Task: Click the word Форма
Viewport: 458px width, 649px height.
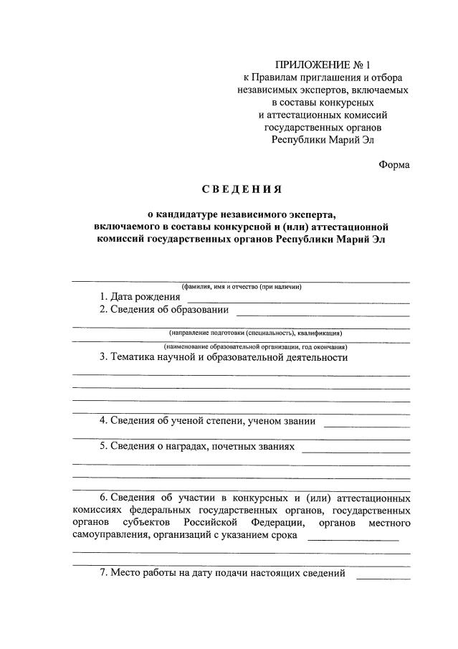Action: coord(394,164)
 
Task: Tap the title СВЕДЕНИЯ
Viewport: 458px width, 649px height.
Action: coord(242,190)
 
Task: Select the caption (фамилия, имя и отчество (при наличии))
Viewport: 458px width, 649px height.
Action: coord(242,287)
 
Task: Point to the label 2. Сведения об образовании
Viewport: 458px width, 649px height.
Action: coord(164,310)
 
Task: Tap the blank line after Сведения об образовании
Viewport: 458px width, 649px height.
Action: coord(323,315)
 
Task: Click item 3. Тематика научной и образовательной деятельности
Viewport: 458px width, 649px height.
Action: coord(224,357)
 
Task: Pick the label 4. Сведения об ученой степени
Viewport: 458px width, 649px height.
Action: coord(207,421)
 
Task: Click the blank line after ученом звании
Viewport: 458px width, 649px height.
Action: coord(366,426)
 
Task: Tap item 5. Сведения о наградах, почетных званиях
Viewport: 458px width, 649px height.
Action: coord(197,446)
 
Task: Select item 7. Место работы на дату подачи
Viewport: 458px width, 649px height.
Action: coord(223,573)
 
